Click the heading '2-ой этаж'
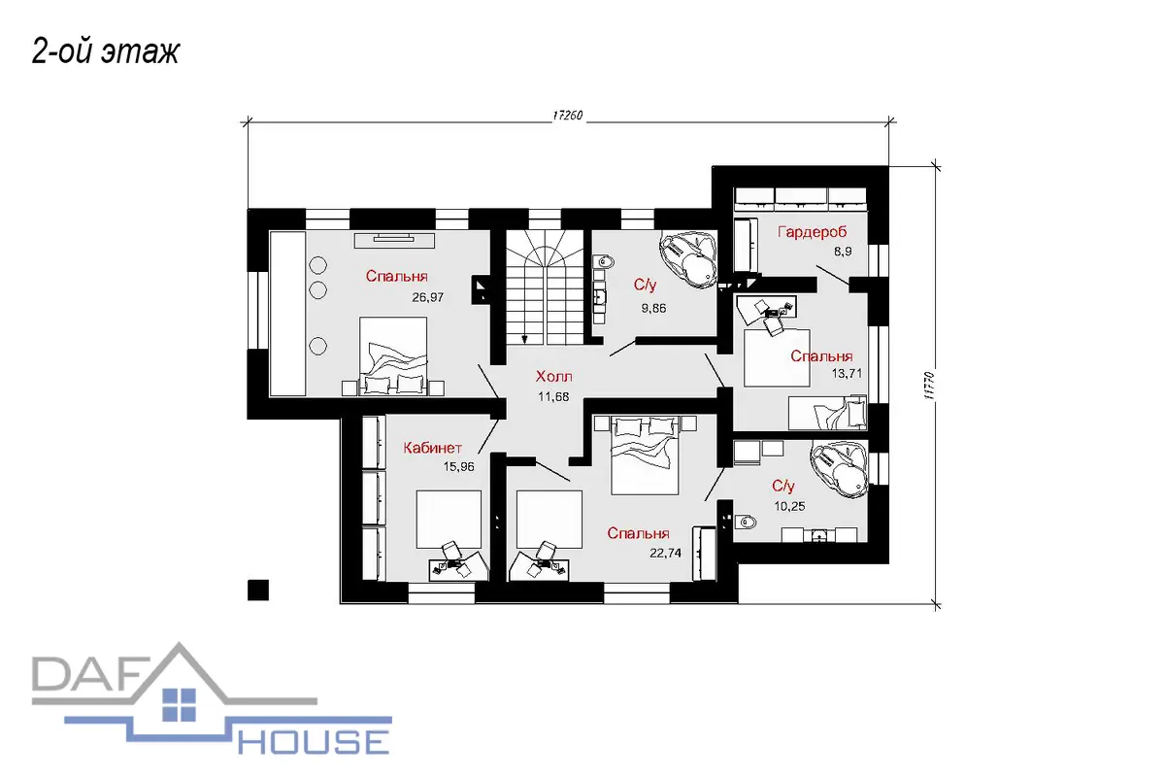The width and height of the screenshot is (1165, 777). point(106,51)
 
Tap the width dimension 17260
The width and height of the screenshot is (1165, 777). point(567,115)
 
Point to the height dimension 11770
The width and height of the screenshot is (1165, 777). point(930,386)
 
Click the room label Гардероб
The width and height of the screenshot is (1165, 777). point(812,231)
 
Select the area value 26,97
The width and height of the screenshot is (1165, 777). point(427,297)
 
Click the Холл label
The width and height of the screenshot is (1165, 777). point(554,376)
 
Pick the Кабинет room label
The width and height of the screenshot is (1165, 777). point(432,448)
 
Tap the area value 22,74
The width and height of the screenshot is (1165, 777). point(665,554)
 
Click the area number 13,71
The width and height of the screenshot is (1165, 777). point(847,373)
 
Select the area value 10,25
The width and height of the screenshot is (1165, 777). point(789,506)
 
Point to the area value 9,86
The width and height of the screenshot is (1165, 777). point(653,308)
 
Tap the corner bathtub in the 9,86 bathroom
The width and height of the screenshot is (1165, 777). point(689,259)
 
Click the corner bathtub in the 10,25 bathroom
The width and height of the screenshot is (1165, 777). point(840,469)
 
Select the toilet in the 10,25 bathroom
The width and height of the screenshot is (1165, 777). point(746,522)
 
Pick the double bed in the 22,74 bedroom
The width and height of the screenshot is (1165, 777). point(645,455)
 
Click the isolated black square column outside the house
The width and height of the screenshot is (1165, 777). point(258,591)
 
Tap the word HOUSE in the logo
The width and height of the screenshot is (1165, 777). point(314,741)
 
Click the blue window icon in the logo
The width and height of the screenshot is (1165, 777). point(179,705)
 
